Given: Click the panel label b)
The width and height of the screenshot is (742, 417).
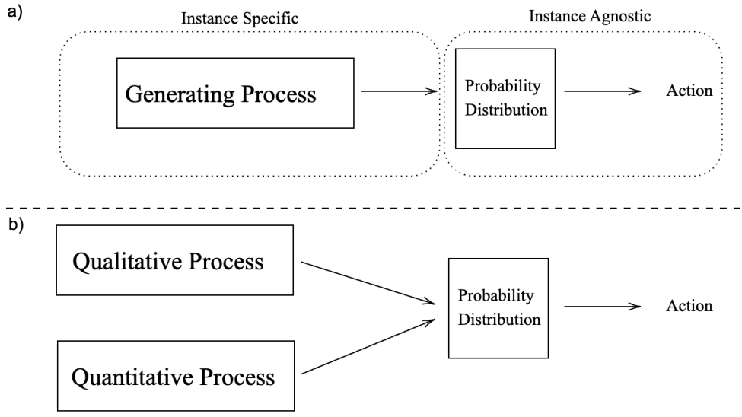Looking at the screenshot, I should (13, 228).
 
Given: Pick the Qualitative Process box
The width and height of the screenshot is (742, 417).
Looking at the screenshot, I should (174, 259).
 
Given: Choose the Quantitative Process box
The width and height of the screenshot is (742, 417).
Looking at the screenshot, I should (174, 375).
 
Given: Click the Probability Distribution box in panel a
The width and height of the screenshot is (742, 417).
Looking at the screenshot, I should (506, 97).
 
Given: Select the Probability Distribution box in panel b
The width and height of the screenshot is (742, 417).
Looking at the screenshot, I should (498, 307).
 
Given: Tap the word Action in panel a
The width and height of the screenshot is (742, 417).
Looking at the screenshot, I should (689, 91).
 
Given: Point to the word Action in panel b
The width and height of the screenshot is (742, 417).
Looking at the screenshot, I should (689, 307).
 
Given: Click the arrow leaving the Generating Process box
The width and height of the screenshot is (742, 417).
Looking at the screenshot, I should (397, 91).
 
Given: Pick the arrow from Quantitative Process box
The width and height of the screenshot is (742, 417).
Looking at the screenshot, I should (368, 347).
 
